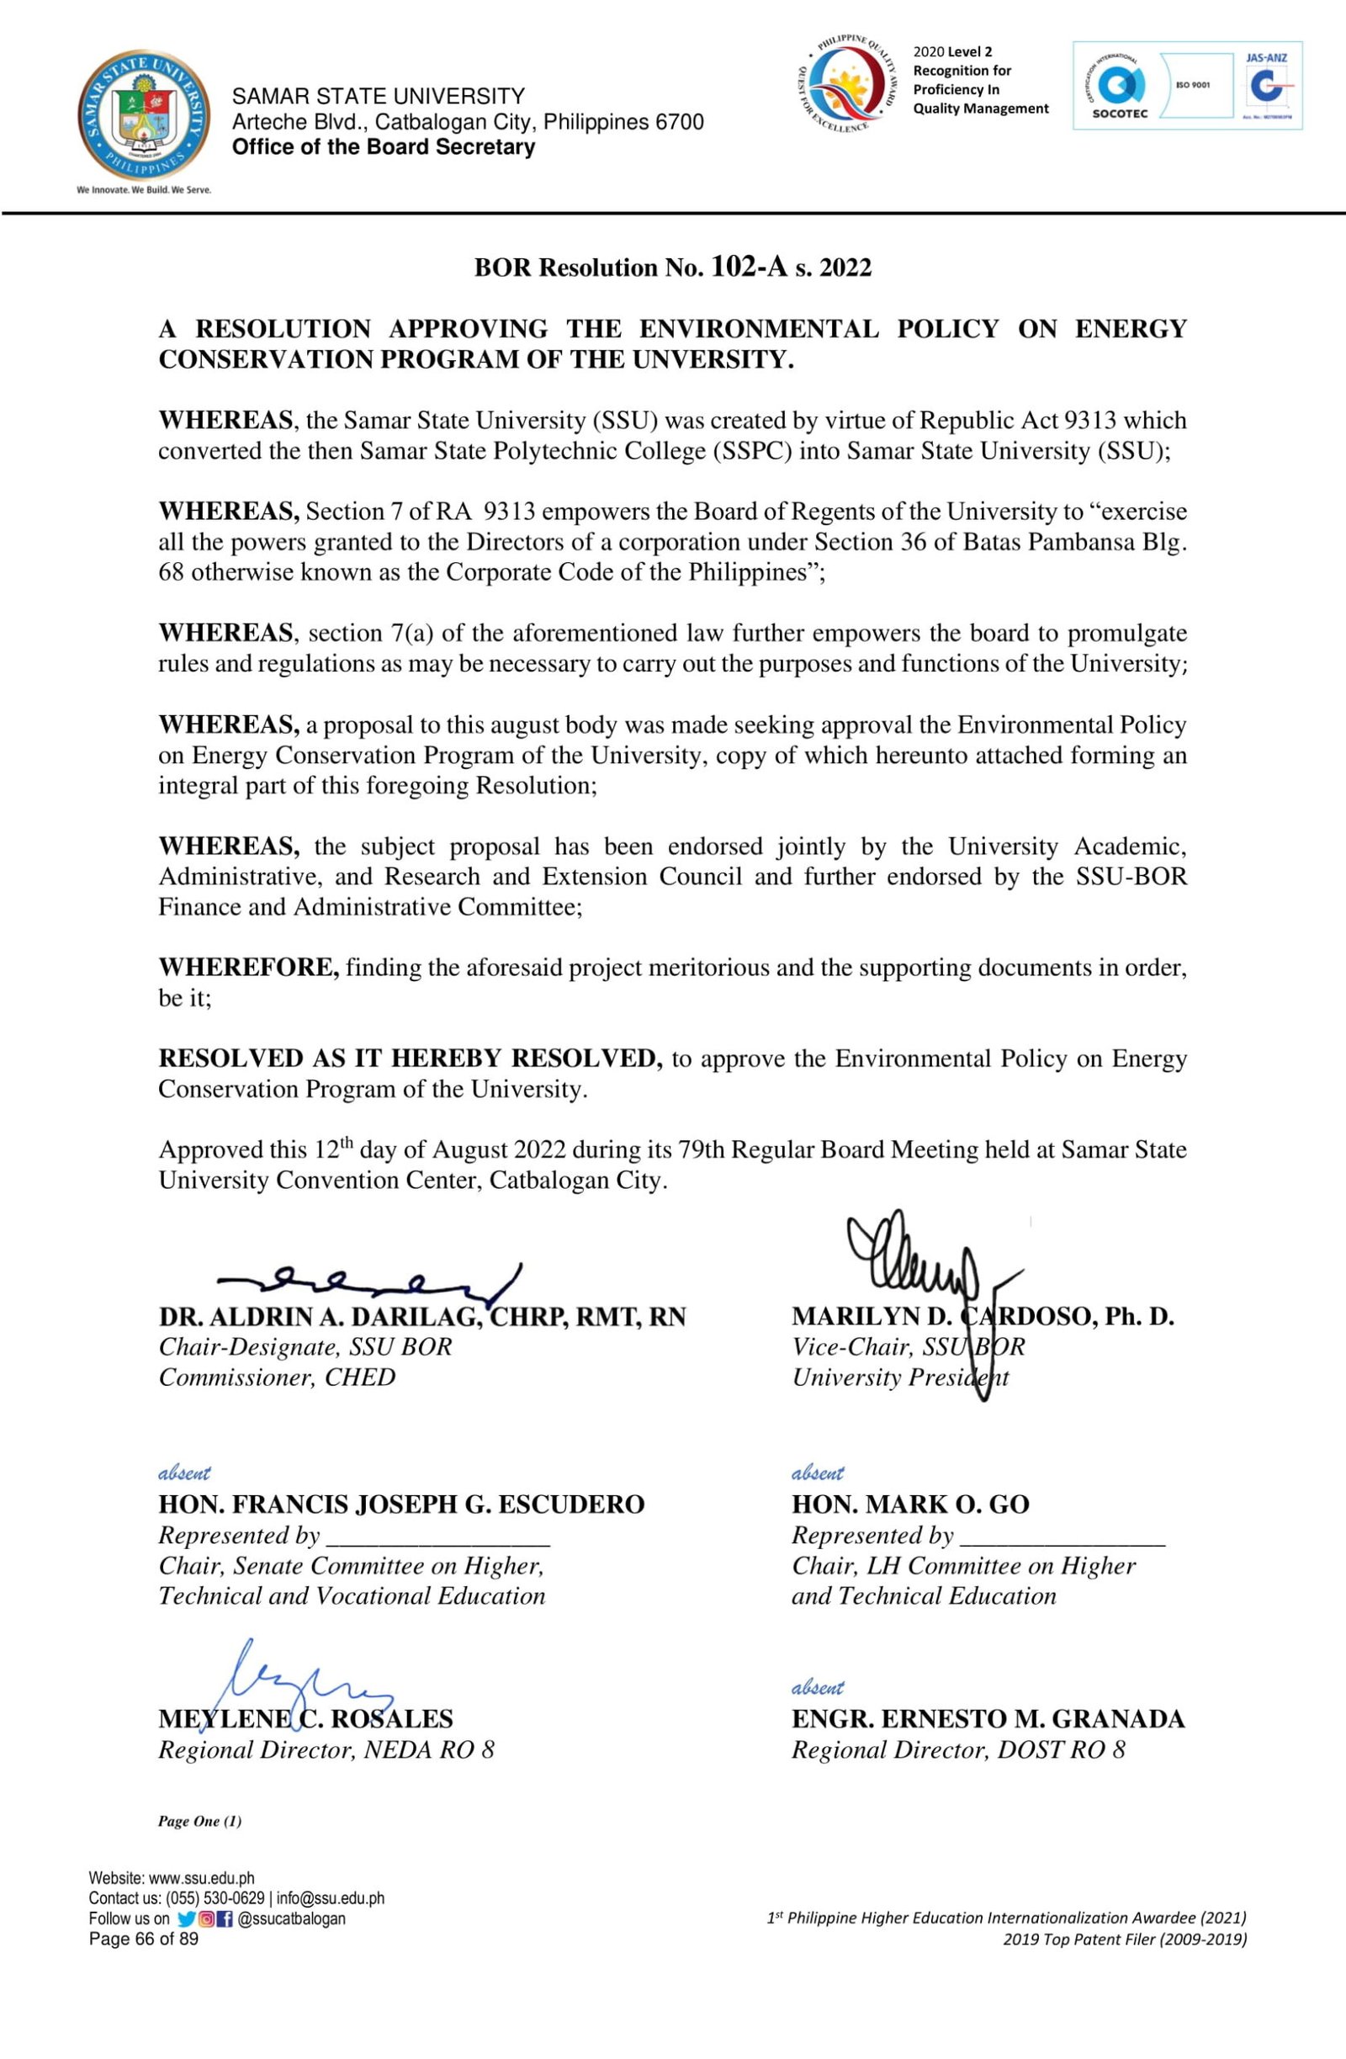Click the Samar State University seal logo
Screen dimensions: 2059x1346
click(x=144, y=114)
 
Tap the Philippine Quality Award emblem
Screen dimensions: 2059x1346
click(x=846, y=84)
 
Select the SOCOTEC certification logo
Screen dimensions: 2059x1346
click(x=1120, y=87)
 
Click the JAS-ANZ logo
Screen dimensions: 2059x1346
click(x=1266, y=86)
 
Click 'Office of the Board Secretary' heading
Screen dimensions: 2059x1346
click(x=384, y=147)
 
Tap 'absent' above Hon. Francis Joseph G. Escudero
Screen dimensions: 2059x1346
click(x=184, y=1473)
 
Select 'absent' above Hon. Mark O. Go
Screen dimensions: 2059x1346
click(x=818, y=1473)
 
